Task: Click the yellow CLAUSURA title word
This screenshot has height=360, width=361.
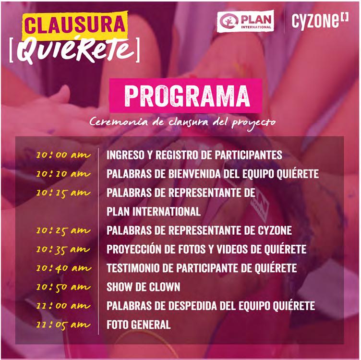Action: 75,25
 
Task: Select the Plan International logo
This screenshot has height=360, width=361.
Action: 245,21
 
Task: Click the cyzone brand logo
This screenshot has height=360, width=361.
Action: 320,21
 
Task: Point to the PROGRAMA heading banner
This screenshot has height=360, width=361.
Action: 186,96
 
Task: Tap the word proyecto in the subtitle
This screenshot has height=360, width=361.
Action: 253,123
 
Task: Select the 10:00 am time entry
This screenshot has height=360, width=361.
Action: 63,155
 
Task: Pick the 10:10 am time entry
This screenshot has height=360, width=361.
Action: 63,174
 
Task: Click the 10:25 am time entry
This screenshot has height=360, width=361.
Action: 63,231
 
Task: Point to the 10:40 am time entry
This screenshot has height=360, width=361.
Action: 64,269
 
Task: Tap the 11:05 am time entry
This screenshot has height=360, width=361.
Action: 63,325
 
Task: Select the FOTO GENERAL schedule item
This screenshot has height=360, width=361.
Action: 139,325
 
